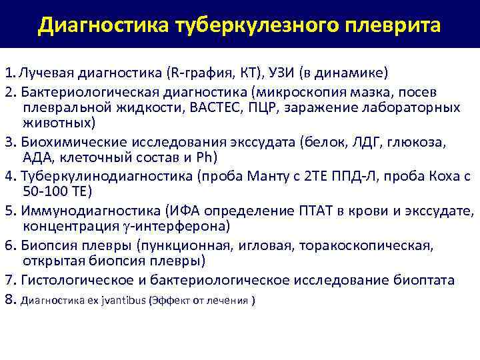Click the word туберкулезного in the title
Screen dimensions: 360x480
[237, 25]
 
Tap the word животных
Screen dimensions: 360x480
[57, 123]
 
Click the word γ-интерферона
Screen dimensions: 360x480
[173, 228]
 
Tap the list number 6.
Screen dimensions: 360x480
[9, 245]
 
